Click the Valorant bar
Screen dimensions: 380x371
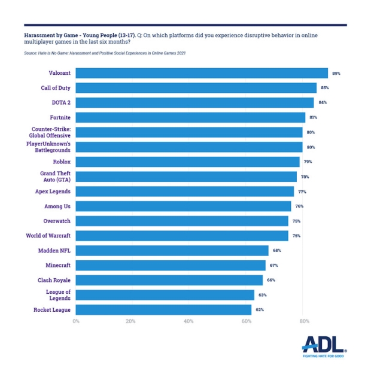tap(202, 73)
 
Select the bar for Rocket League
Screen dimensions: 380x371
tap(163, 309)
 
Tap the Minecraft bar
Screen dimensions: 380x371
tap(171, 265)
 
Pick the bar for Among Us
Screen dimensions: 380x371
tap(183, 206)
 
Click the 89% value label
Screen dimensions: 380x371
tap(336, 73)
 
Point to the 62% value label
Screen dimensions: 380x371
tap(260, 309)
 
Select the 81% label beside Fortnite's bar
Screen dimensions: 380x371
tap(314, 117)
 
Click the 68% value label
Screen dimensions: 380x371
tap(276, 250)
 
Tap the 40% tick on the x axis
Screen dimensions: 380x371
tap(188, 321)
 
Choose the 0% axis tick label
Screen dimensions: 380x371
tap(76, 321)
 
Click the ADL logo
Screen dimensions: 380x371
tap(323, 346)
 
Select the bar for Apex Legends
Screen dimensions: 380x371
tap(185, 191)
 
